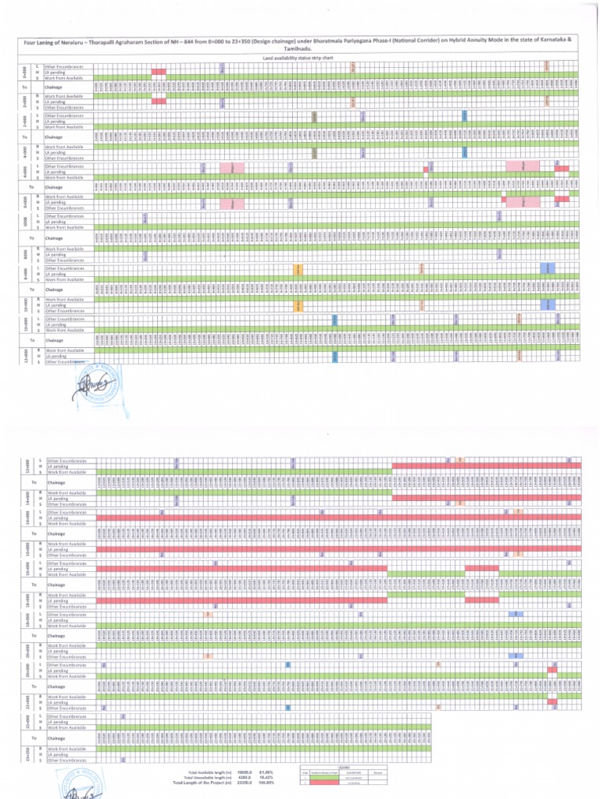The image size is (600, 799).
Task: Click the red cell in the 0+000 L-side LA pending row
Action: (159, 72)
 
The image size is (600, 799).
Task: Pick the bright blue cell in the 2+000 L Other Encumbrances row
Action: (464, 115)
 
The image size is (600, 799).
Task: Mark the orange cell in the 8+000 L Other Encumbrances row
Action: (298, 269)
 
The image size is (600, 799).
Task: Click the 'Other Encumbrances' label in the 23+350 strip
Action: (66, 759)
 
